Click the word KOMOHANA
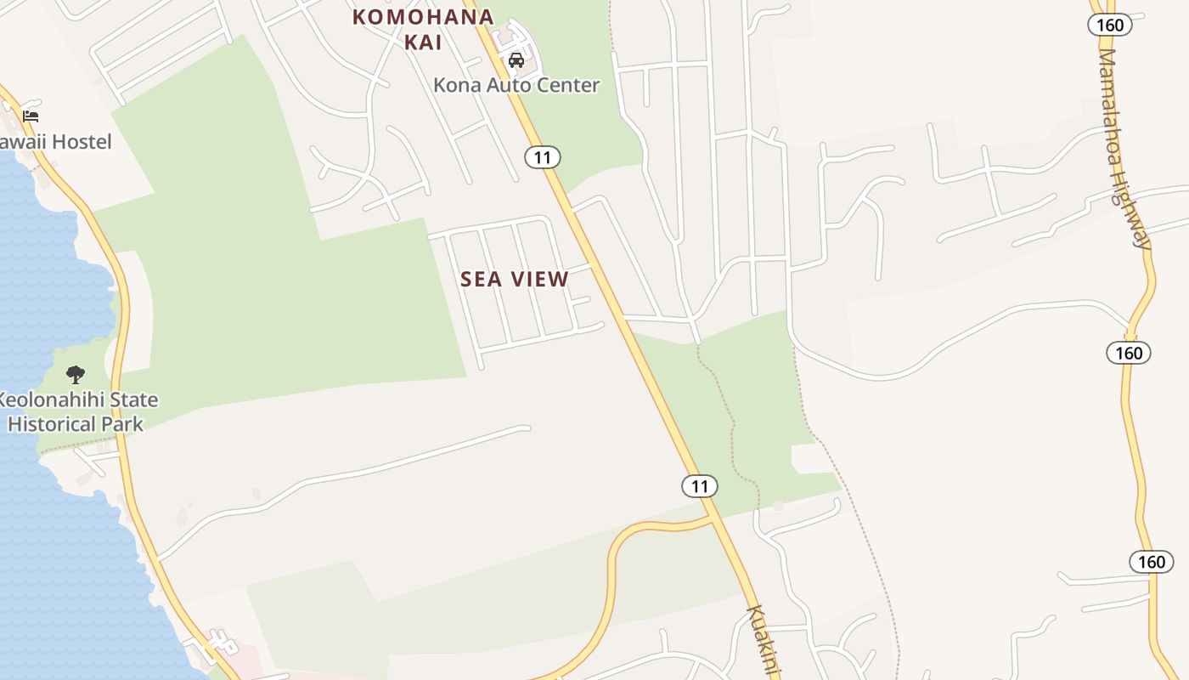click(x=423, y=17)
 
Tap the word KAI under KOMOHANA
click(x=423, y=42)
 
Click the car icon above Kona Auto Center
click(x=516, y=60)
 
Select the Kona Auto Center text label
click(x=516, y=85)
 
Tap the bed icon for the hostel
click(x=31, y=116)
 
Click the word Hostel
click(x=80, y=142)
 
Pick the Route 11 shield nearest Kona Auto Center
click(x=542, y=157)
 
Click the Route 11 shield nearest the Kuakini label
click(x=699, y=486)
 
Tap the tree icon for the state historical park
click(x=76, y=374)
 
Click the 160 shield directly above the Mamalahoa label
click(x=1110, y=25)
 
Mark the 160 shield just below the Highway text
click(x=1129, y=352)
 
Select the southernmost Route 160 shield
click(x=1152, y=561)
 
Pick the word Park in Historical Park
click(x=123, y=423)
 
